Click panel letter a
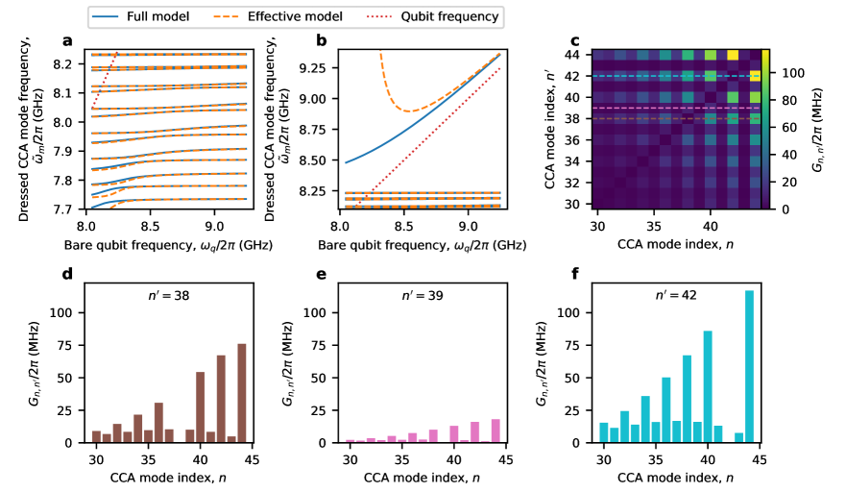click(66, 40)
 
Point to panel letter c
click(574, 40)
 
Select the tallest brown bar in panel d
click(242, 393)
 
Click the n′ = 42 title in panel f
click(674, 297)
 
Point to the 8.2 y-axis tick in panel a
click(71, 63)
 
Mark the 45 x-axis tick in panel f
click(759, 458)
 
